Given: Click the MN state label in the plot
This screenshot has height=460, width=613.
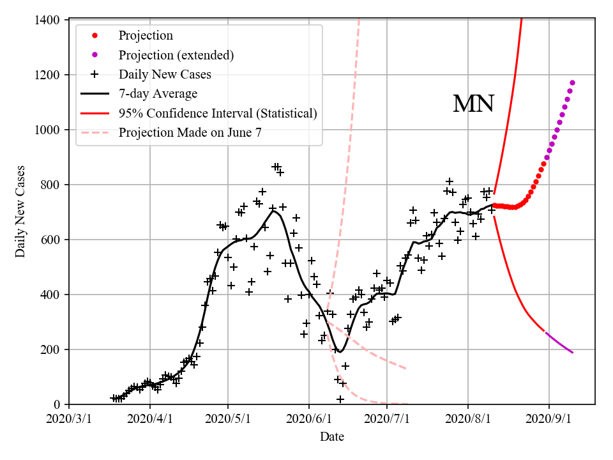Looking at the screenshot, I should click(473, 104).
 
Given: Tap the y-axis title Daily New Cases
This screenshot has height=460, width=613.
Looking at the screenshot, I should click(21, 212).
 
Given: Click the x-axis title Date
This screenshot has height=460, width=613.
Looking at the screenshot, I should click(332, 437).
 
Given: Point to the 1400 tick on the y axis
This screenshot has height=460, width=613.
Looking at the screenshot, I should click(49, 20).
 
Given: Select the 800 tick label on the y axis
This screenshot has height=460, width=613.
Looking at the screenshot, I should click(51, 185).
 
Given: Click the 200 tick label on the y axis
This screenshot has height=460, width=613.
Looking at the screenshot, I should click(51, 350).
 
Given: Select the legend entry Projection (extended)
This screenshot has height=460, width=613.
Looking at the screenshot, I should click(176, 55).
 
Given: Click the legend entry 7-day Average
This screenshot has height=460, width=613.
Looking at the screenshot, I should click(158, 94).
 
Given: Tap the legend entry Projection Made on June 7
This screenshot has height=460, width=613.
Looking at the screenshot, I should click(190, 133).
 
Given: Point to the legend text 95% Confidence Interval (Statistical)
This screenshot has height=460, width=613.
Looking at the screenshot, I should click(218, 114).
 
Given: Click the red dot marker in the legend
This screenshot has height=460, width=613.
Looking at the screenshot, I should click(95, 36).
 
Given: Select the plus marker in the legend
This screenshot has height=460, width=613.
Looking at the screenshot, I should click(95, 74).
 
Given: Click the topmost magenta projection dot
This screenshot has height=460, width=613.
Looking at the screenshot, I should click(572, 82).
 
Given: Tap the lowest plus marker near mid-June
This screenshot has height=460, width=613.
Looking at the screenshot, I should click(340, 399).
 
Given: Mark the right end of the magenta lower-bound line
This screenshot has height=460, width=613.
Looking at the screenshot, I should click(573, 353).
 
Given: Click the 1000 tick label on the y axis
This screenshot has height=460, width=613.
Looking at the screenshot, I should click(49, 130).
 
